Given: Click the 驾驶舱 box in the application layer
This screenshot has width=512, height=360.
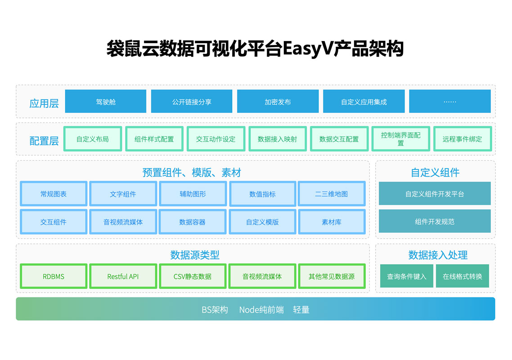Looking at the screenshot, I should click(106, 102).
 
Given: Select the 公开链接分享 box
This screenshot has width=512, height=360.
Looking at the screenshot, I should click(192, 102).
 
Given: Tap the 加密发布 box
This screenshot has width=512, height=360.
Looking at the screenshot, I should click(278, 102).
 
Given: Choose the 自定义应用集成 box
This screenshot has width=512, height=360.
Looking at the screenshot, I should click(364, 102).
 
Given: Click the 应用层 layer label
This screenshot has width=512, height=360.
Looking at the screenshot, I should click(44, 103).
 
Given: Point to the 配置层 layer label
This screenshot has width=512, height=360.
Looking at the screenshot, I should click(44, 140).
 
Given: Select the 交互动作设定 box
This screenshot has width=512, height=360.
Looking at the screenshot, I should click(216, 139).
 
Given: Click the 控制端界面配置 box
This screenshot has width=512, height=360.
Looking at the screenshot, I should click(400, 139).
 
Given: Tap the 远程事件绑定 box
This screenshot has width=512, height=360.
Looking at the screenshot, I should click(462, 139).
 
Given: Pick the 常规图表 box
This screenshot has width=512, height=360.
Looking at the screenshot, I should click(54, 194).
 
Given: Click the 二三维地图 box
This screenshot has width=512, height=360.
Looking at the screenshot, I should click(332, 194).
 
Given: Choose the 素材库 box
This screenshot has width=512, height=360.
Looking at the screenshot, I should click(332, 222).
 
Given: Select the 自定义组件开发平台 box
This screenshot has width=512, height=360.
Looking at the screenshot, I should click(435, 194).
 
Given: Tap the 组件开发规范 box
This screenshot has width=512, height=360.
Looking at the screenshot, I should click(435, 221).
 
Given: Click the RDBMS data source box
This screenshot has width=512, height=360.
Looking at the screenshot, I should click(54, 276).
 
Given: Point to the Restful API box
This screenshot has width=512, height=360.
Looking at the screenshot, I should click(123, 276).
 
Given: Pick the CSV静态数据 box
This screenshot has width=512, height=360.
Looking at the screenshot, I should click(193, 276).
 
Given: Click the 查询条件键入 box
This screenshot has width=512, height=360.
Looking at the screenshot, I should click(407, 276).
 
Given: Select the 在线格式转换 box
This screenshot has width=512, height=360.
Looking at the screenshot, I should click(463, 276).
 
